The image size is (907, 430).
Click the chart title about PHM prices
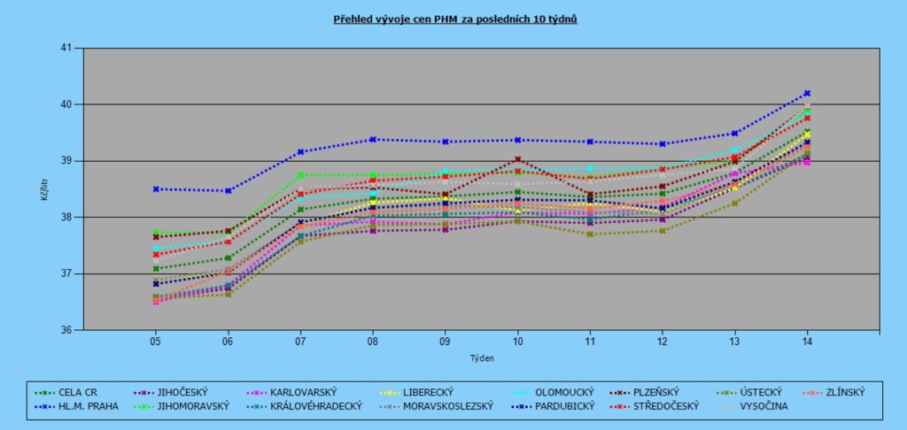click(455, 18)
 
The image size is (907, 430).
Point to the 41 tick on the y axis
click(66, 48)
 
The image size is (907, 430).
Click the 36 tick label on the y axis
click(66, 330)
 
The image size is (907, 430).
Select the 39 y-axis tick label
click(66, 161)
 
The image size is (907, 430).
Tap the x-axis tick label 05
click(155, 341)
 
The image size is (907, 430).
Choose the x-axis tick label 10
click(517, 341)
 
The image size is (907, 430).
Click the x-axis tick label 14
click(807, 341)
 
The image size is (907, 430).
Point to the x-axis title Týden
click(481, 357)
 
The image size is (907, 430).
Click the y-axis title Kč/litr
click(44, 188)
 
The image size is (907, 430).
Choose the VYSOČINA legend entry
click(762, 406)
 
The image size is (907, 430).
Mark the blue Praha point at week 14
click(807, 93)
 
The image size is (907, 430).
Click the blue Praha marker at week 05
click(155, 188)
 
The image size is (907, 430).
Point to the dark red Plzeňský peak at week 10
click(517, 159)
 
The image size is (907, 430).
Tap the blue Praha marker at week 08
click(373, 139)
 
